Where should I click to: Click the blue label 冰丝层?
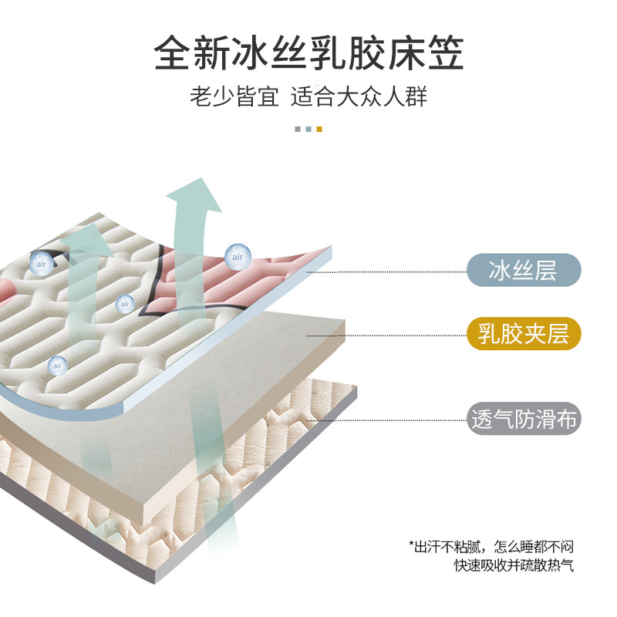pos(523,271)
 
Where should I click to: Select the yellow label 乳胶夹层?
pos(523,335)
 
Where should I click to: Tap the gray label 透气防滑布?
pos(523,420)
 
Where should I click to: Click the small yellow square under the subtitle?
pos(319,129)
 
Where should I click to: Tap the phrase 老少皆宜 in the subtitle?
pos(234,99)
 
